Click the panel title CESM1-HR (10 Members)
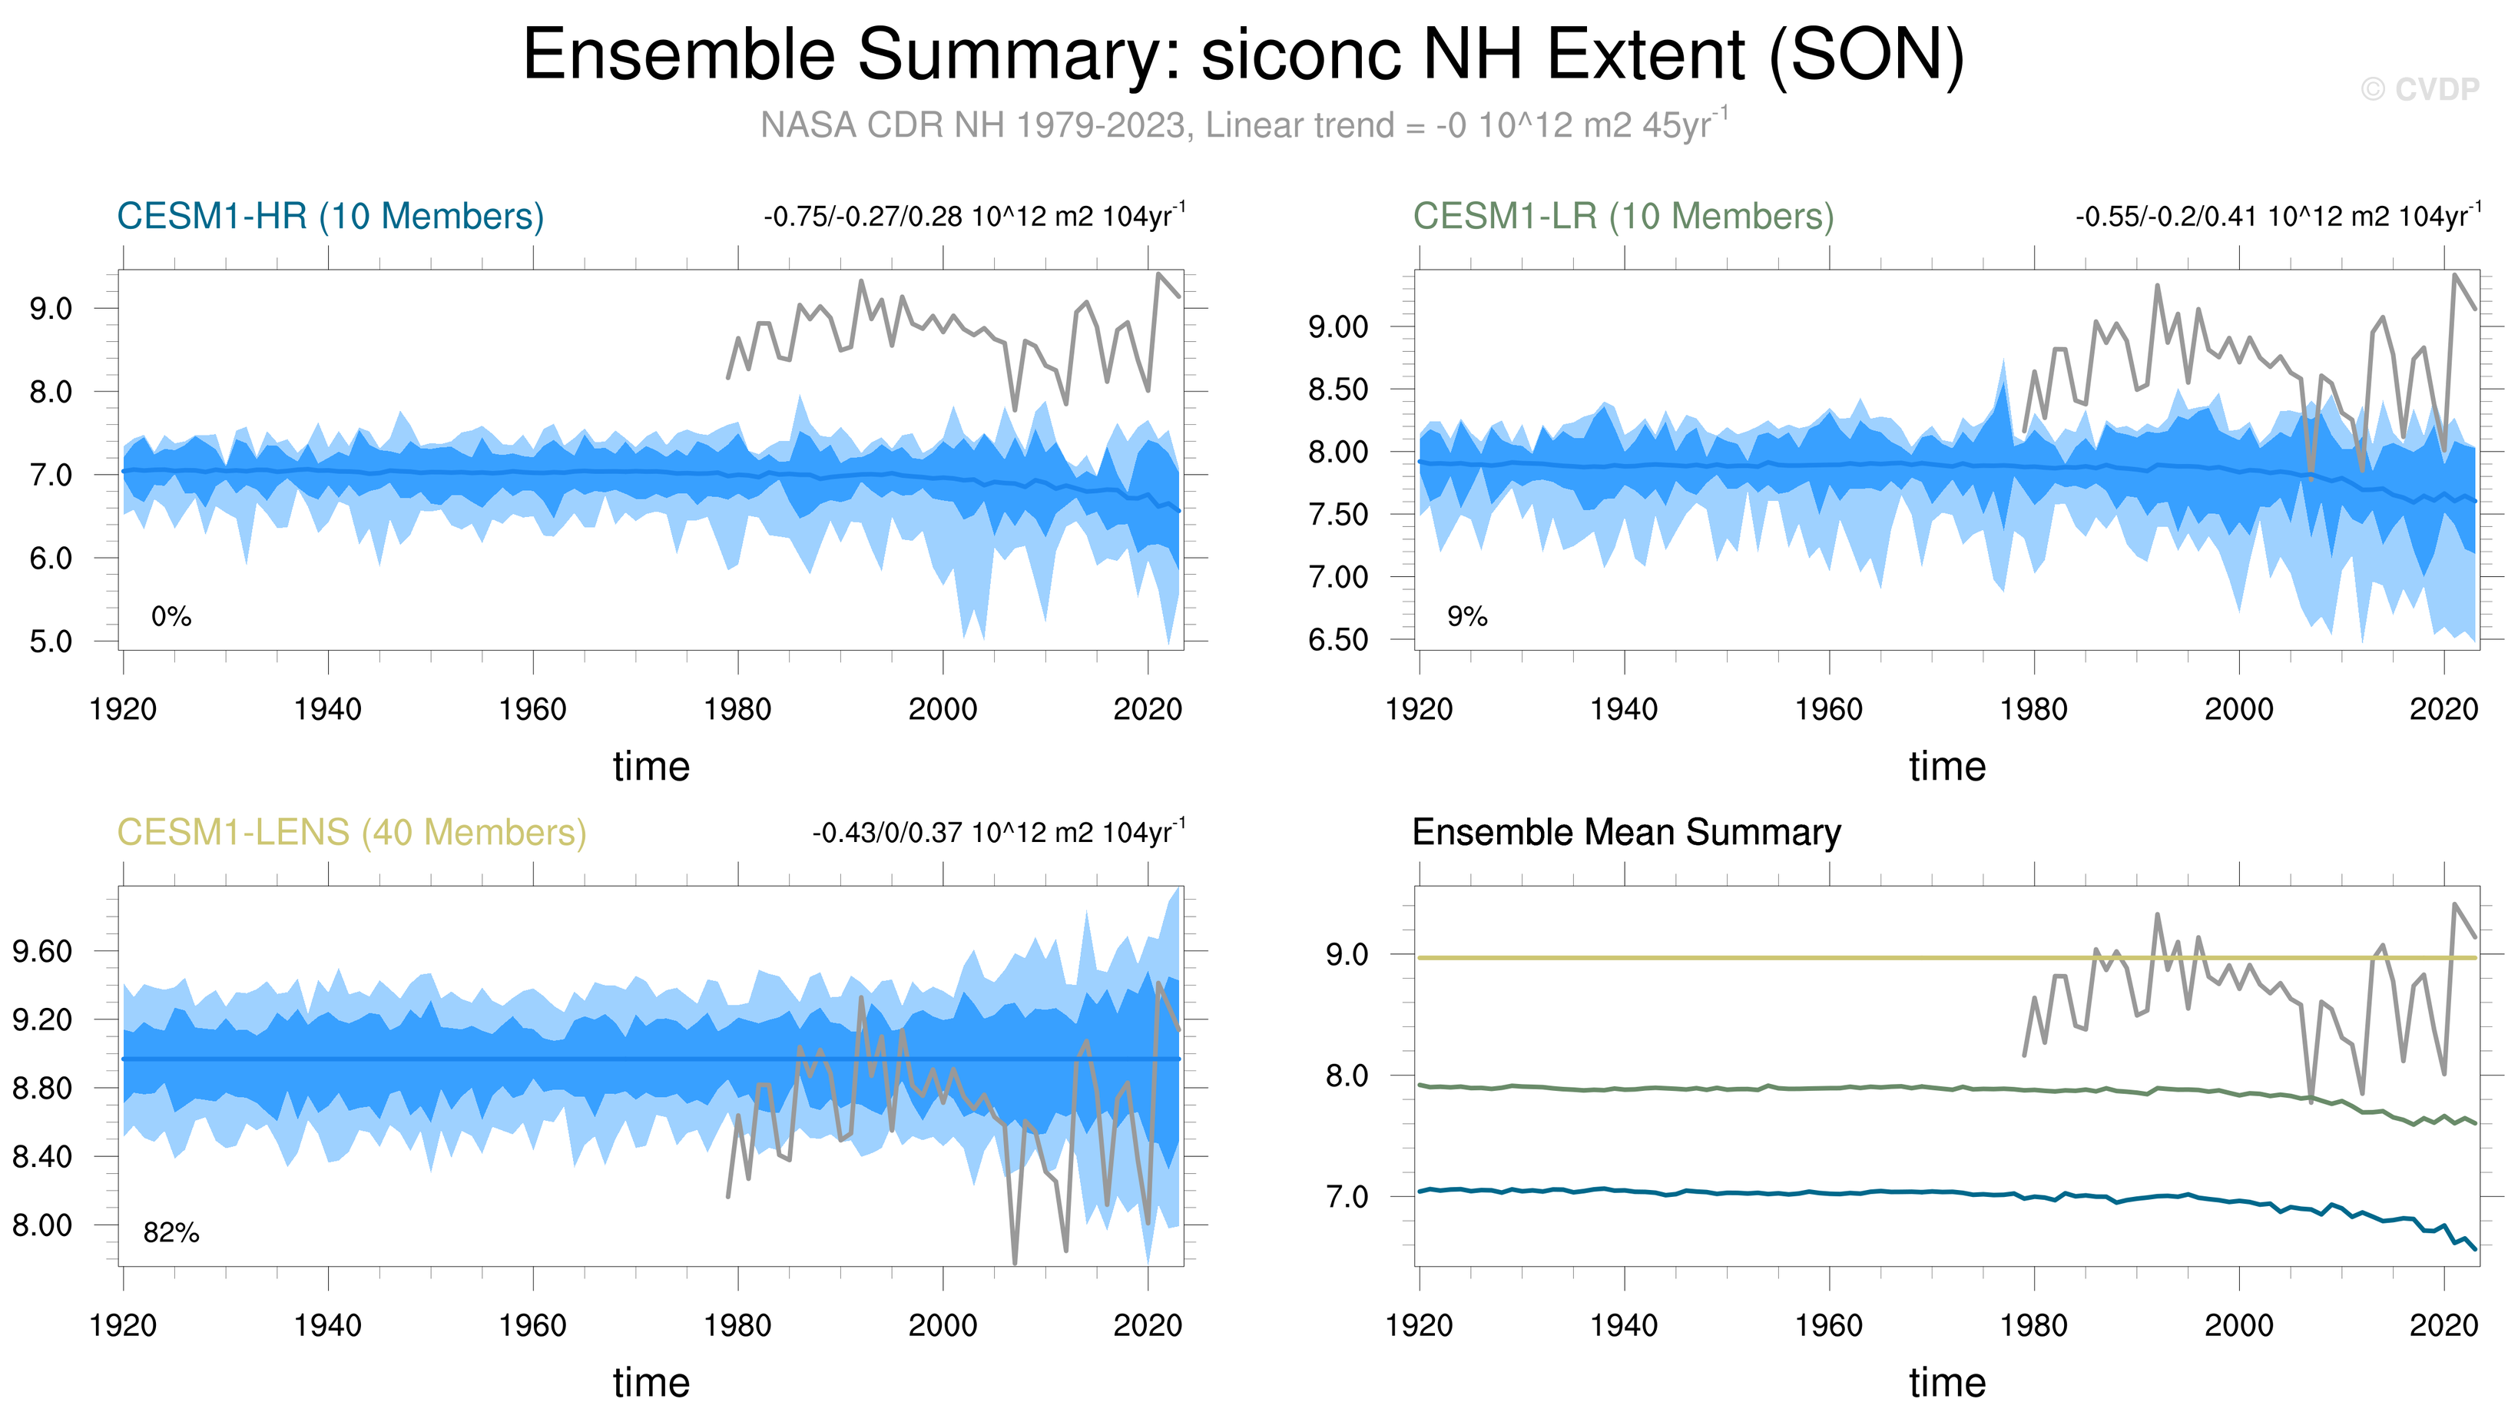(330, 216)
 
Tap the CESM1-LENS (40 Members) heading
(351, 833)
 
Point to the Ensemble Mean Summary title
(1625, 833)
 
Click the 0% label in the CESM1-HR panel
(171, 617)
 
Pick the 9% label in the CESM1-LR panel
(1466, 617)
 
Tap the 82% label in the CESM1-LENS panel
(171, 1233)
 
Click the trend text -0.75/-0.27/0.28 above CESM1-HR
(973, 216)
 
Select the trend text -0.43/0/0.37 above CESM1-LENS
(998, 833)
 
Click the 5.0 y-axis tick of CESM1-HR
(51, 642)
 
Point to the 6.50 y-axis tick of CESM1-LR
(1337, 640)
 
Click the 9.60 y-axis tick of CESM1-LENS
(43, 951)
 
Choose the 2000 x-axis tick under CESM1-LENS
(943, 1325)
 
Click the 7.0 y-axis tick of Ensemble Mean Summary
(1347, 1196)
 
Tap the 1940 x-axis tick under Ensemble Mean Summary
(1624, 1325)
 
